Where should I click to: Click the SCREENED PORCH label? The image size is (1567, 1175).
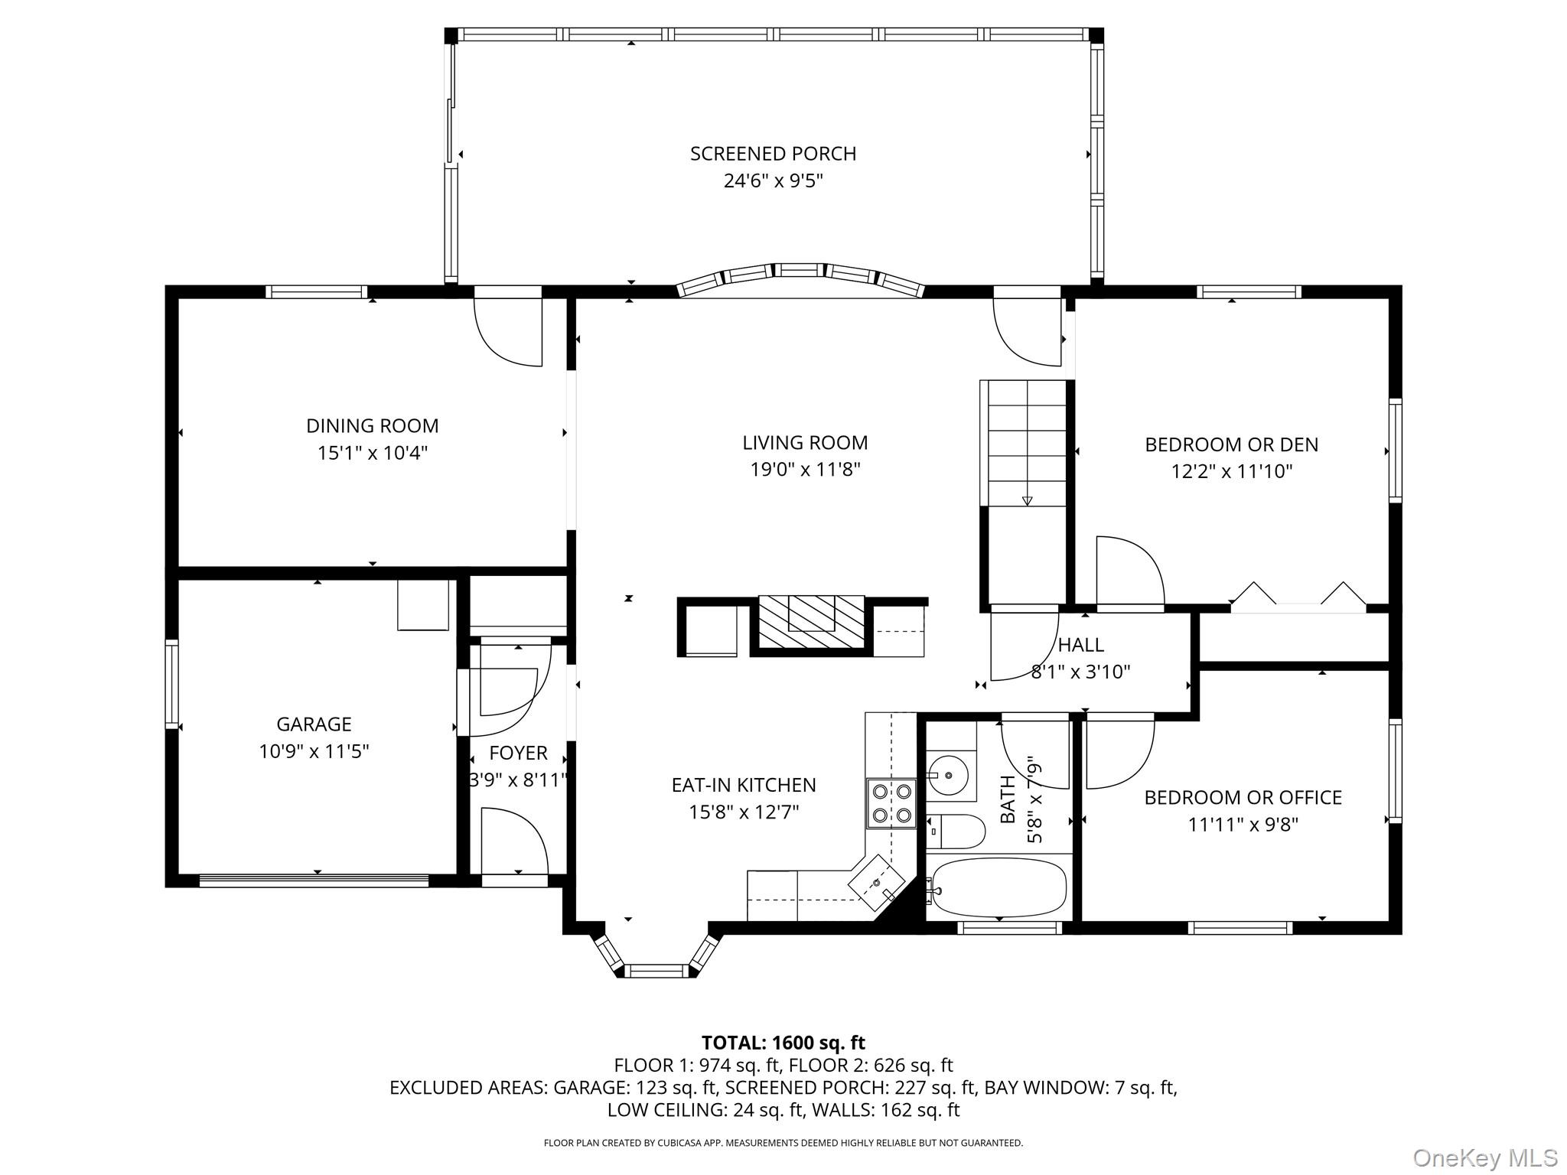click(x=773, y=154)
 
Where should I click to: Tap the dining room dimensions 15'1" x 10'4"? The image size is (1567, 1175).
click(x=372, y=453)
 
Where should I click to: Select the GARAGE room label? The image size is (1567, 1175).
click(x=314, y=724)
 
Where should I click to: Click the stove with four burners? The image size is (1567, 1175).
click(x=891, y=803)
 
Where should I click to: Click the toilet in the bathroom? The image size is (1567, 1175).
click(x=956, y=831)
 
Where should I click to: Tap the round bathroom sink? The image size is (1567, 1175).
click(x=949, y=775)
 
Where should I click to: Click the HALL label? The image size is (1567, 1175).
click(x=1080, y=645)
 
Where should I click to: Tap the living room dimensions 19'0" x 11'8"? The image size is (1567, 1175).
click(x=805, y=470)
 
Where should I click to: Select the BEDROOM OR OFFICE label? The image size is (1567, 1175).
click(x=1243, y=797)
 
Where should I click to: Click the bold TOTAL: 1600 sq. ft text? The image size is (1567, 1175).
click(x=783, y=1043)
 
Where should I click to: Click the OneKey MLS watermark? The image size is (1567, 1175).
click(x=1485, y=1157)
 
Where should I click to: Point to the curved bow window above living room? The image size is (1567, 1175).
click(x=800, y=275)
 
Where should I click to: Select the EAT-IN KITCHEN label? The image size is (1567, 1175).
click(x=744, y=785)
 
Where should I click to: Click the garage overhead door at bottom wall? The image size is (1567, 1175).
click(x=314, y=881)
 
